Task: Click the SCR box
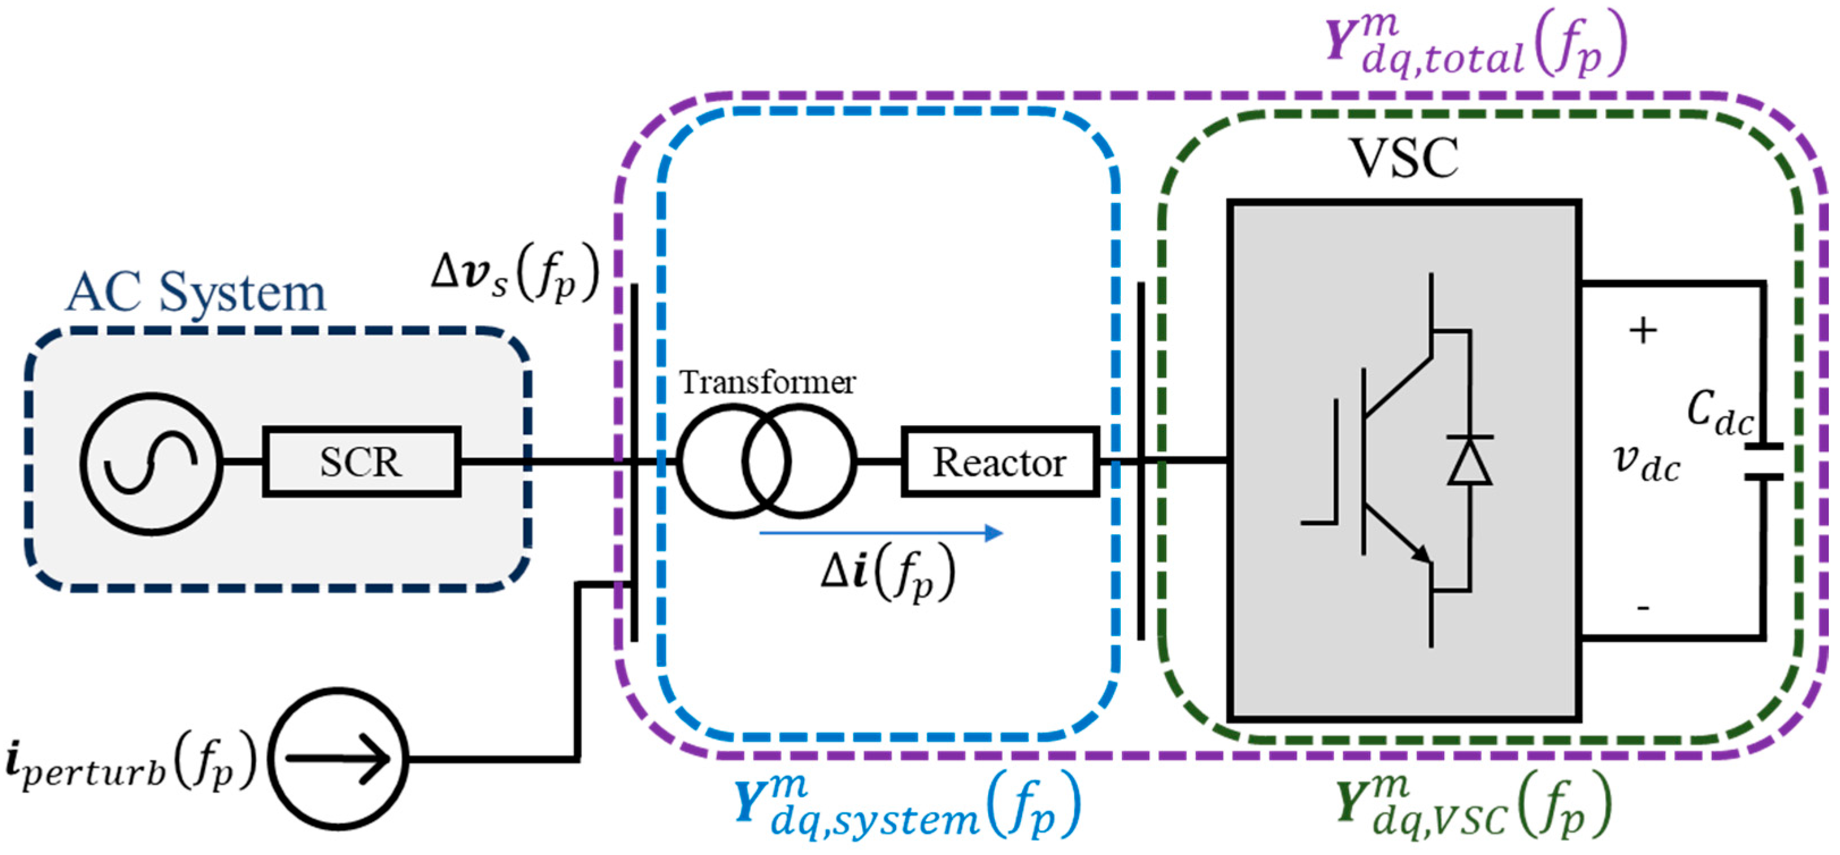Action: (x=361, y=462)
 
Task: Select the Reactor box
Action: (x=999, y=462)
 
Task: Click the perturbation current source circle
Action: (x=340, y=758)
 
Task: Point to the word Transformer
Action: (x=766, y=382)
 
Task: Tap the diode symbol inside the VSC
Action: (x=1469, y=462)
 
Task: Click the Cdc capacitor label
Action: (x=1719, y=415)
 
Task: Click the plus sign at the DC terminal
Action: (x=1643, y=331)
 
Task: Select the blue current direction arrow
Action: (x=881, y=532)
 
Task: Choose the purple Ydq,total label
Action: (x=1475, y=45)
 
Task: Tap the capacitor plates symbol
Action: (x=1763, y=462)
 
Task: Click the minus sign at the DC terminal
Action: (x=1643, y=608)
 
